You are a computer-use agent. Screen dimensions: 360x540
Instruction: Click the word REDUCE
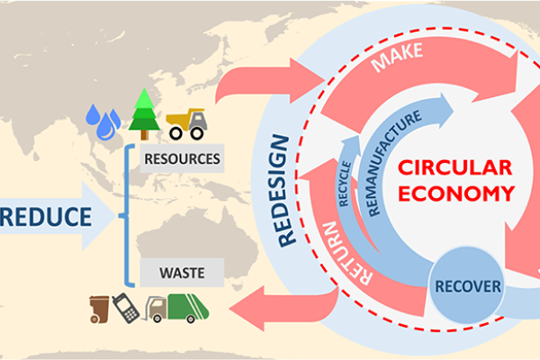pos(49,216)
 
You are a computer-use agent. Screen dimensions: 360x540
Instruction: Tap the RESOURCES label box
pos(181,159)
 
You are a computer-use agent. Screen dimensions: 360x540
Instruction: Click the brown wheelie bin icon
pos(99,309)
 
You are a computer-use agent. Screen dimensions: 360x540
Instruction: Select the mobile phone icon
pos(127,308)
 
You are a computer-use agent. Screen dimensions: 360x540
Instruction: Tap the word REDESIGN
pos(287,190)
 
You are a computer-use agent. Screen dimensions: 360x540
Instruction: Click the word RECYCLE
pos(344,180)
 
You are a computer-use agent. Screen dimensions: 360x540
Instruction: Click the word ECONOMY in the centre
pos(455,193)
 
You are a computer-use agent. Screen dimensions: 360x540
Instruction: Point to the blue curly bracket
pos(128,215)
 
